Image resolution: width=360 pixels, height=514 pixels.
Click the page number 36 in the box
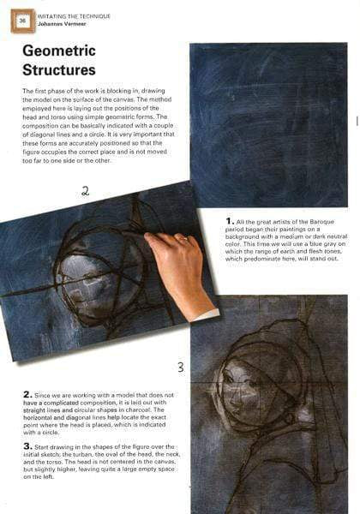22,20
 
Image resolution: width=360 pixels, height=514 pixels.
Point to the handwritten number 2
85,191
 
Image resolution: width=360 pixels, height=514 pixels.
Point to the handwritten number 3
180,368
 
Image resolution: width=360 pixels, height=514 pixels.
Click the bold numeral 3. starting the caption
27,446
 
